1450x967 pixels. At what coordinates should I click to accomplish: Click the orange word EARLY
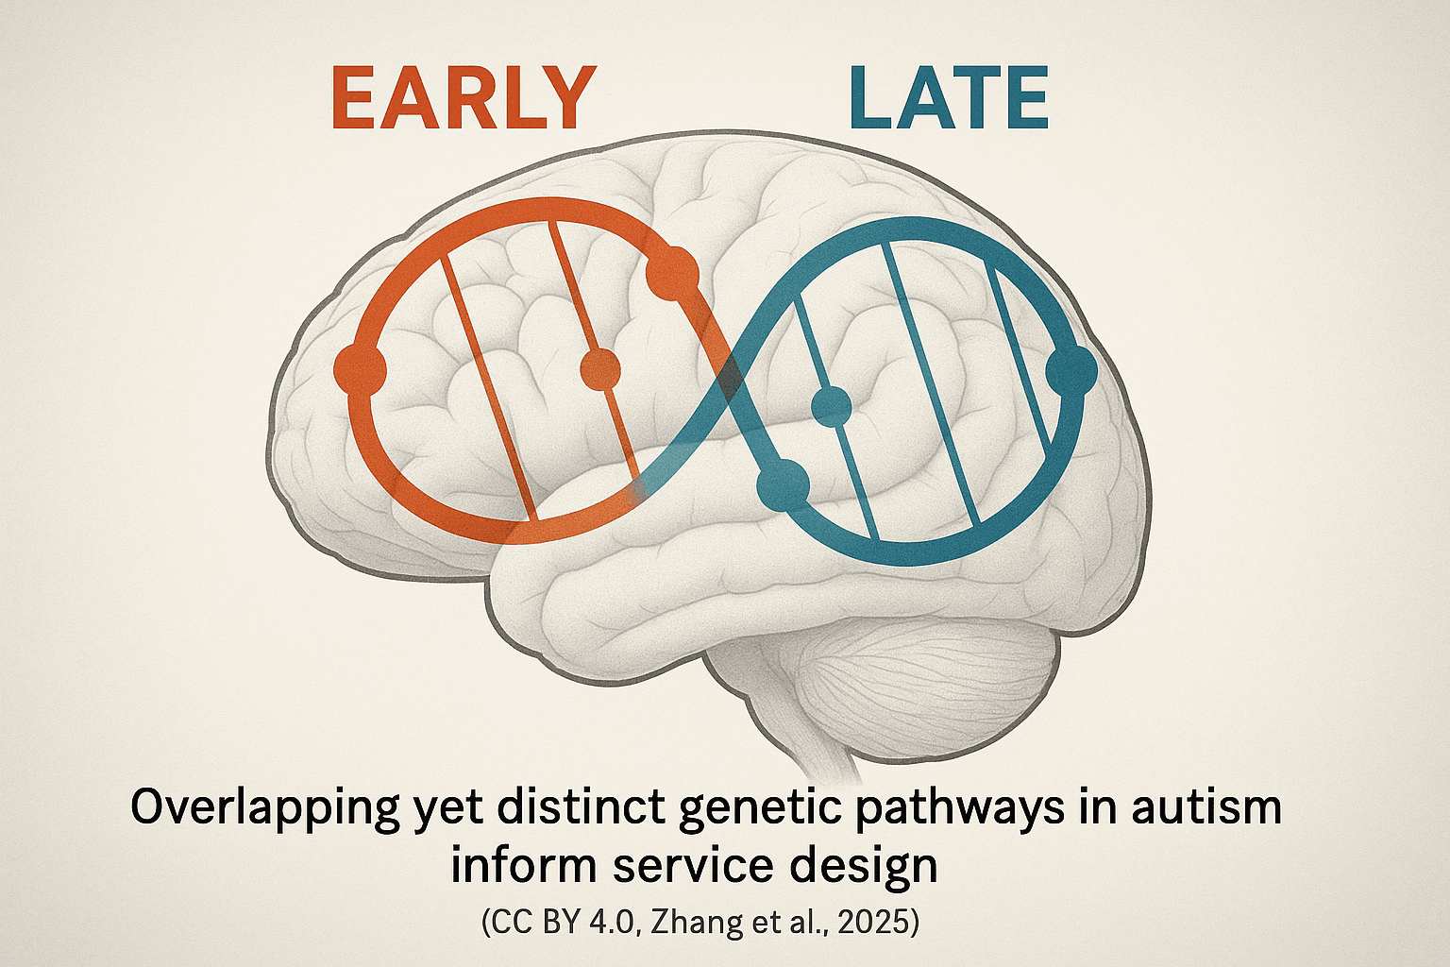click(x=463, y=98)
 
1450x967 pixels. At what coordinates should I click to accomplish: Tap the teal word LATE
click(x=949, y=98)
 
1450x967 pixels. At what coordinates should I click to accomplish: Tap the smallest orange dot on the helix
click(x=600, y=370)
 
